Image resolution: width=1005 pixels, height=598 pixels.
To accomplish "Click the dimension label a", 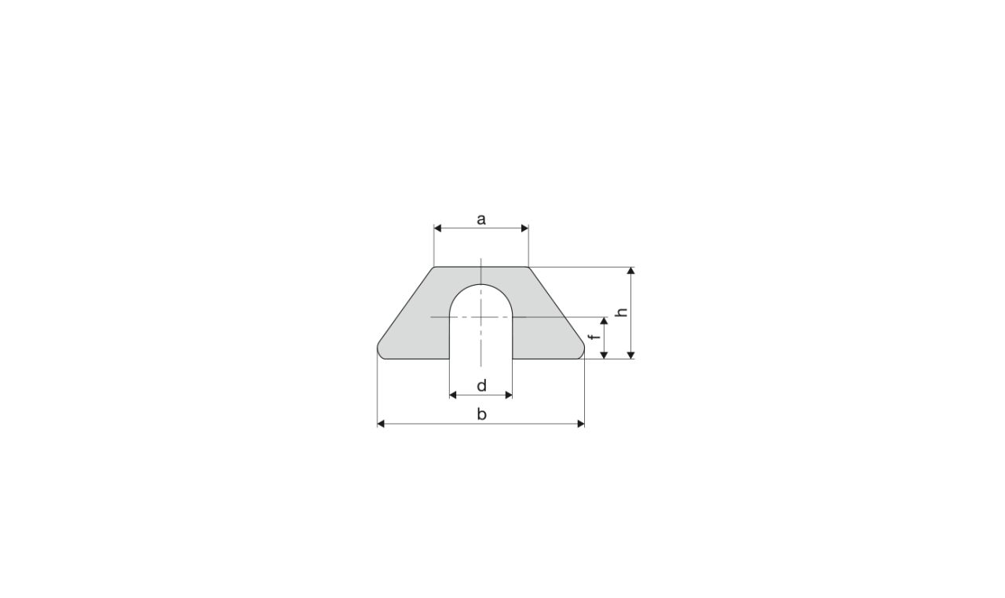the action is pyautogui.click(x=481, y=220).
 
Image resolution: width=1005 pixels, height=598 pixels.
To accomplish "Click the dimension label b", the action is pyautogui.click(x=481, y=414).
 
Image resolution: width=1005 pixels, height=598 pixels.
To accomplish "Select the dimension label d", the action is pyautogui.click(x=481, y=385).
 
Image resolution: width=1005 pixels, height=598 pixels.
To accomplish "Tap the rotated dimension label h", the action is pyautogui.click(x=622, y=312).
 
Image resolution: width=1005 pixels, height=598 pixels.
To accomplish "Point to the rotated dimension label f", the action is pyautogui.click(x=595, y=337).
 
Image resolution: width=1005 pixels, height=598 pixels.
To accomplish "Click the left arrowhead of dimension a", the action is pyautogui.click(x=438, y=228).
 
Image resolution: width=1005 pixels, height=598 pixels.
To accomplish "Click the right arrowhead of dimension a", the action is pyautogui.click(x=524, y=228).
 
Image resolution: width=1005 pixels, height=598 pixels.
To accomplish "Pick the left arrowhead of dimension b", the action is pyautogui.click(x=381, y=424).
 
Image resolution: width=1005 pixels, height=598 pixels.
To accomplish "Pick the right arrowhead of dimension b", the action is pyautogui.click(x=581, y=424).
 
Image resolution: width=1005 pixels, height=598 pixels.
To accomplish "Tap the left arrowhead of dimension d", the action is pyautogui.click(x=453, y=395).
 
